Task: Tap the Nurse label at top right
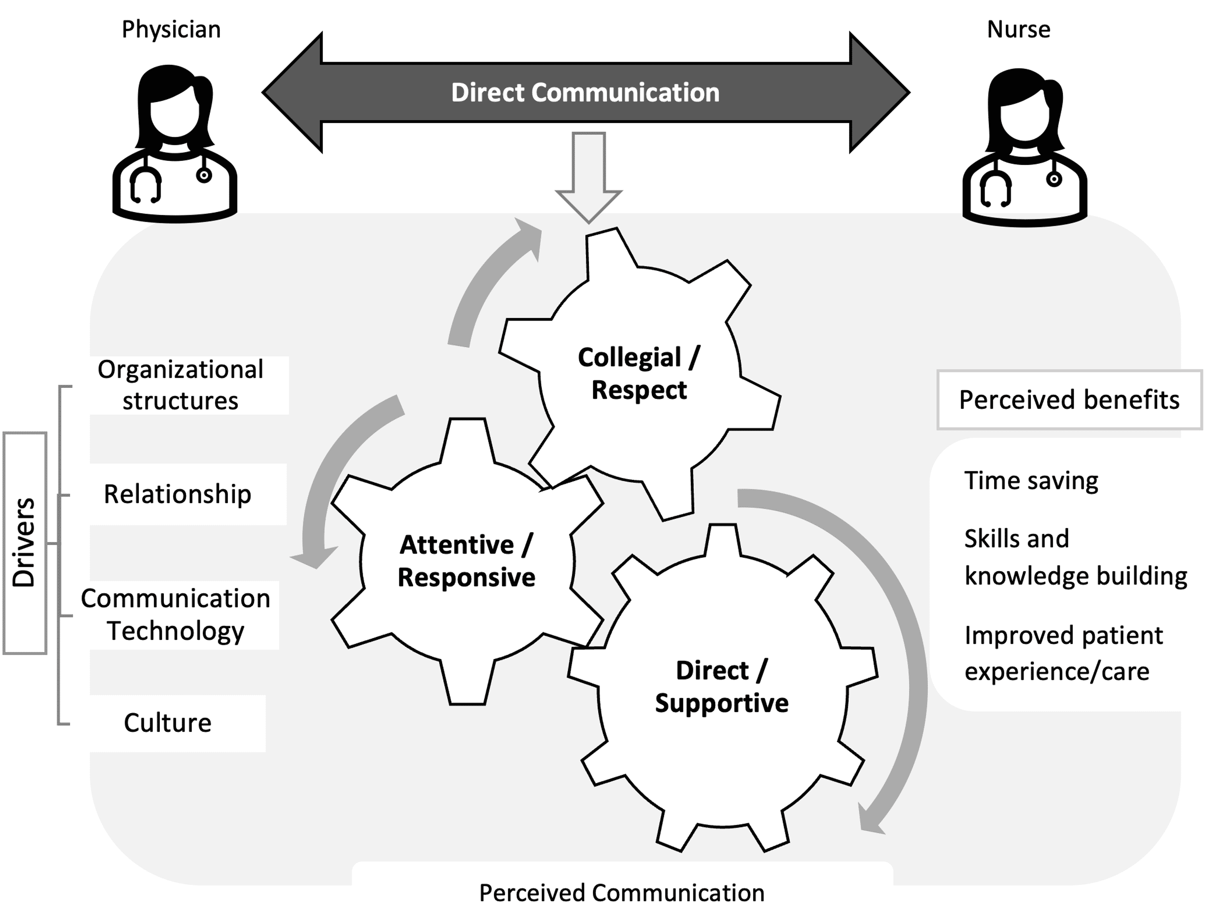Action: point(1018,30)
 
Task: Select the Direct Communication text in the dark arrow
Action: point(585,93)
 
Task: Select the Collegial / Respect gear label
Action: point(639,374)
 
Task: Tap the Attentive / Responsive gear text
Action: point(466,561)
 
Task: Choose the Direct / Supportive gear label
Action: point(722,687)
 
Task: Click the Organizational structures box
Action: point(181,385)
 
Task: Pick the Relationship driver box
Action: point(178,494)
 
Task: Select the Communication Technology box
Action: point(176,615)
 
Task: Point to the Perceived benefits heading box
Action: point(1069,400)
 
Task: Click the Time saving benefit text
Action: point(1031,481)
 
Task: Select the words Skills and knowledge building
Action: point(1075,557)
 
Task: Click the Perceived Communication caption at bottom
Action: point(622,893)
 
